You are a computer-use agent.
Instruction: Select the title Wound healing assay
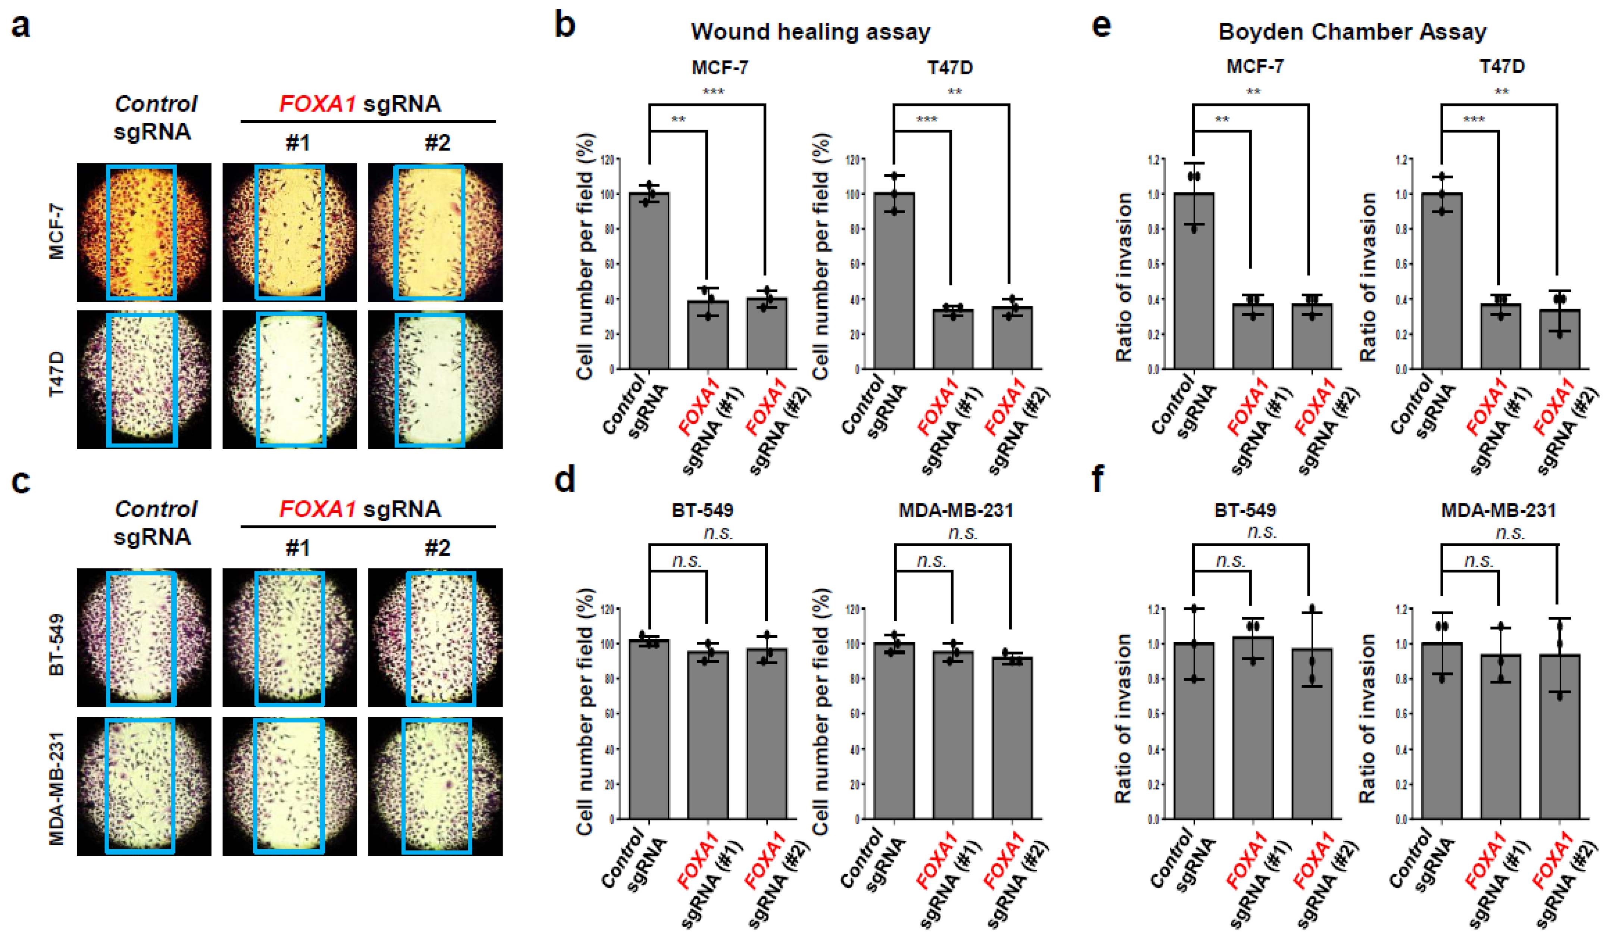click(x=811, y=32)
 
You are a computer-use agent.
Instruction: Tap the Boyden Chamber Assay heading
click(x=1352, y=32)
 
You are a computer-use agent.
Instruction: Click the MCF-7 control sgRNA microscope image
click(x=144, y=232)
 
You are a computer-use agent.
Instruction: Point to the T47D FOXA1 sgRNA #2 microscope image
click(x=435, y=380)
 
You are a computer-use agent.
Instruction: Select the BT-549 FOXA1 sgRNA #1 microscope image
click(x=289, y=638)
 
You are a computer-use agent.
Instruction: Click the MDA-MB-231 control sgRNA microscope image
click(x=144, y=786)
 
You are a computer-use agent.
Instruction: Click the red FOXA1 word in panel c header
click(x=317, y=509)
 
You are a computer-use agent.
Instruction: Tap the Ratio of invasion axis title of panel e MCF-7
click(x=1124, y=277)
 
